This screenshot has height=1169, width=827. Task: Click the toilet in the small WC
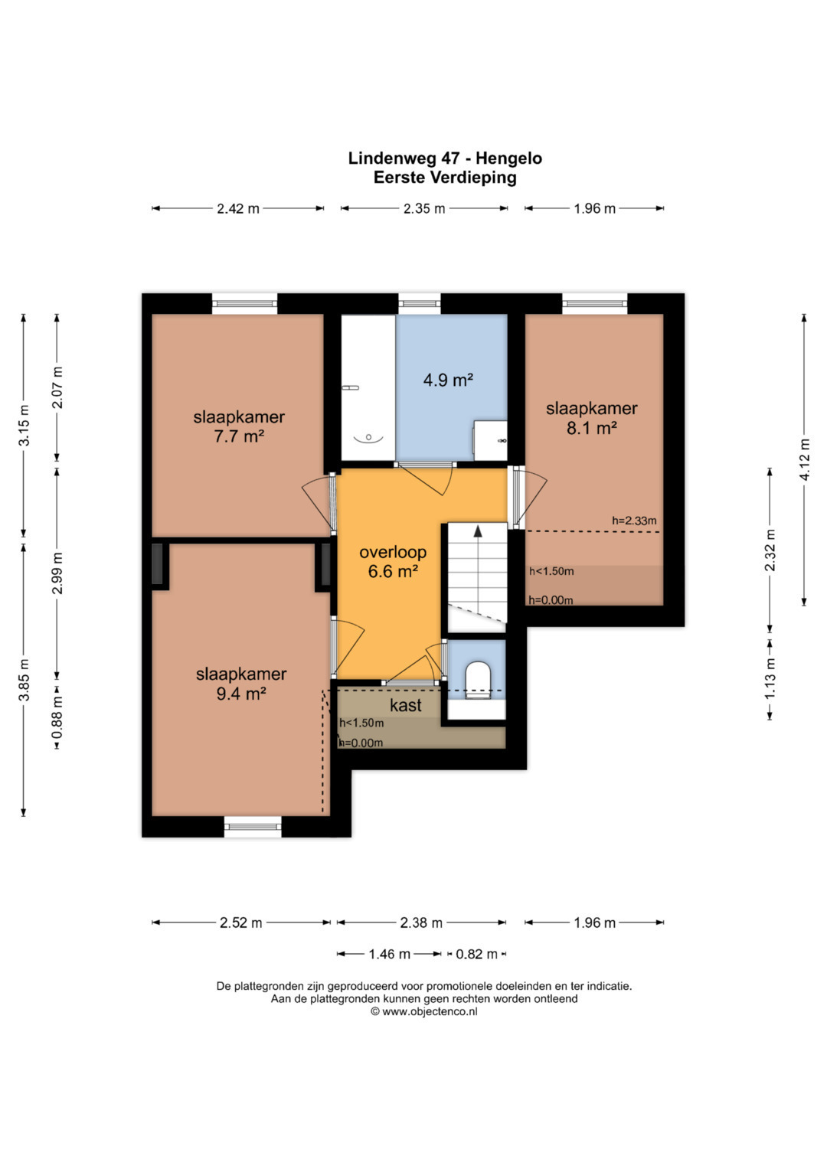pyautogui.click(x=478, y=680)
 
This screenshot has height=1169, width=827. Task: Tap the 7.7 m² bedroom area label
pyautogui.click(x=239, y=436)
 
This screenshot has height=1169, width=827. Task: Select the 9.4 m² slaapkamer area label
pyautogui.click(x=241, y=694)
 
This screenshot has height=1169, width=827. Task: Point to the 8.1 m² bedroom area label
pyautogui.click(x=592, y=428)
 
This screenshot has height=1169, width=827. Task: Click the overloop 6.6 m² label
pyautogui.click(x=393, y=562)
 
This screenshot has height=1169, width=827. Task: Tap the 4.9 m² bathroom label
pyautogui.click(x=448, y=380)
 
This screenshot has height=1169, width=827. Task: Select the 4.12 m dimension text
pyautogui.click(x=804, y=459)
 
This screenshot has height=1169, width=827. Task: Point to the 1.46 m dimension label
pyautogui.click(x=390, y=954)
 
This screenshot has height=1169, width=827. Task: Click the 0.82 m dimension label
pyautogui.click(x=476, y=954)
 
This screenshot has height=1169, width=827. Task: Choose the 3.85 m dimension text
pyautogui.click(x=24, y=681)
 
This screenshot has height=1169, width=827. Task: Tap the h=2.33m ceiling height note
pyautogui.click(x=634, y=521)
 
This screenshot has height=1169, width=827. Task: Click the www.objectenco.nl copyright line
pyautogui.click(x=424, y=1011)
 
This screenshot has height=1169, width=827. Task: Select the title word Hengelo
pyautogui.click(x=508, y=158)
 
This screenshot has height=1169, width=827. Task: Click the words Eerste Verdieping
pyautogui.click(x=445, y=178)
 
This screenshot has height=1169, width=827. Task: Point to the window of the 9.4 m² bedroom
pyautogui.click(x=253, y=826)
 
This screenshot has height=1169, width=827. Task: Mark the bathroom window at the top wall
pyautogui.click(x=420, y=303)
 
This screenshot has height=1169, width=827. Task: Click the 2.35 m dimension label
pyautogui.click(x=424, y=209)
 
